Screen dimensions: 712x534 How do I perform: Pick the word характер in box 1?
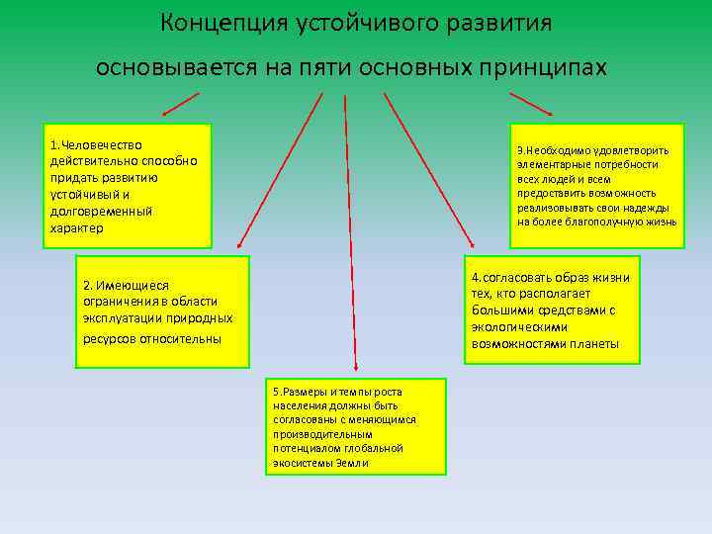76,228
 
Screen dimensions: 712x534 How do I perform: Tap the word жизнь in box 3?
661,222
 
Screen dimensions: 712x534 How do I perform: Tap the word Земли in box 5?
351,462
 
